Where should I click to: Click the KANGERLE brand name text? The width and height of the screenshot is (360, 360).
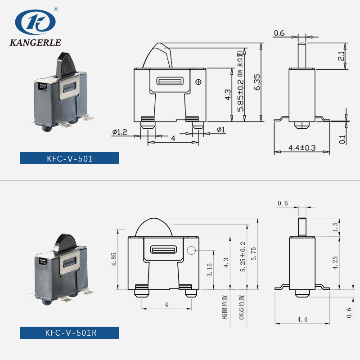(x=35, y=43)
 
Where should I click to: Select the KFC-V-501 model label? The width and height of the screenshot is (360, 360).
(x=69, y=158)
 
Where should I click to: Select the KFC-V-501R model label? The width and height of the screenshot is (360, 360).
(x=69, y=333)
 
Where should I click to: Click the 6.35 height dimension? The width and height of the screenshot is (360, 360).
(x=257, y=82)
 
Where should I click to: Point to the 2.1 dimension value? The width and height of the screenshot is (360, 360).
(x=341, y=56)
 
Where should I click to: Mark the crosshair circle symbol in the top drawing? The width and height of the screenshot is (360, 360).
(x=198, y=81)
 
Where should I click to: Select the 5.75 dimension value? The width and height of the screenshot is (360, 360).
(x=253, y=255)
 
